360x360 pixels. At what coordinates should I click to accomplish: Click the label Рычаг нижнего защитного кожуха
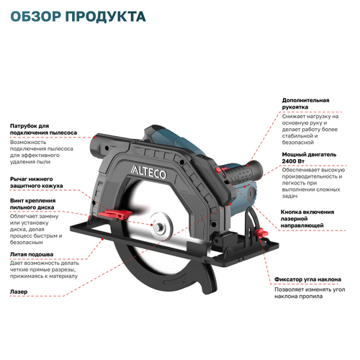point(36,182)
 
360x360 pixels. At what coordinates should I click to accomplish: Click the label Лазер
point(19,292)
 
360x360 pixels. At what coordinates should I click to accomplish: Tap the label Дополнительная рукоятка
point(306,103)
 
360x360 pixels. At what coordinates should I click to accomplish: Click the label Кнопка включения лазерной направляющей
point(307,219)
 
